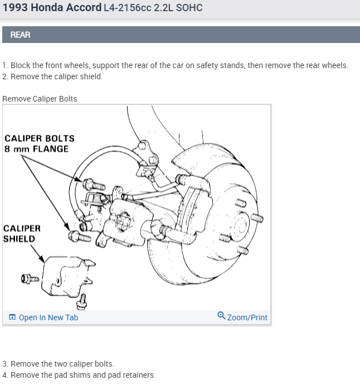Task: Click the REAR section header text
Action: pyautogui.click(x=20, y=35)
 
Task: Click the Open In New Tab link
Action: pyautogui.click(x=48, y=317)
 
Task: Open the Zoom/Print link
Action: pyautogui.click(x=247, y=317)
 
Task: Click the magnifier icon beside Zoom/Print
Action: pyautogui.click(x=221, y=316)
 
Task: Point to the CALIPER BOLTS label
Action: pyautogui.click(x=39, y=138)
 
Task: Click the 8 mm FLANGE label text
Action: pyautogui.click(x=36, y=149)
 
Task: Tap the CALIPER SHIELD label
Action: pyautogui.click(x=21, y=234)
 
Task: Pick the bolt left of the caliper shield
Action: pyautogui.click(x=30, y=277)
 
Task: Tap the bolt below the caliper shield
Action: pyautogui.click(x=82, y=302)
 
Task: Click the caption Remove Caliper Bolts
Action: pyautogui.click(x=40, y=99)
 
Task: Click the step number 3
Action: pyautogui.click(x=4, y=364)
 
